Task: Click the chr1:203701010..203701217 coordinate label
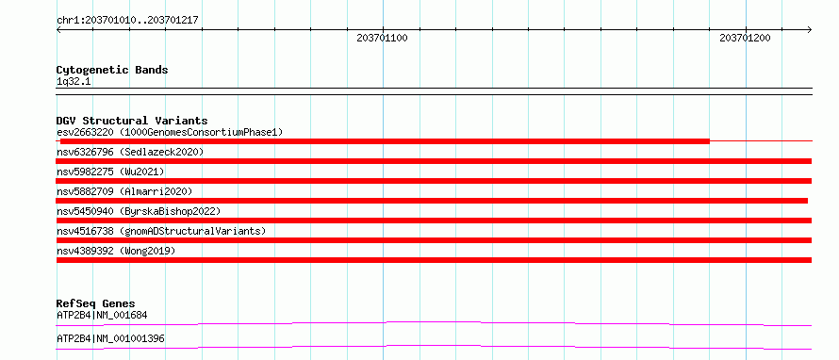click(127, 20)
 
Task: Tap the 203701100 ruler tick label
click(382, 38)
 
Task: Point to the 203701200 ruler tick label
click(745, 38)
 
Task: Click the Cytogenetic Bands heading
click(112, 70)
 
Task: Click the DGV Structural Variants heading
click(132, 121)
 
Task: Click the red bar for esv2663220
click(385, 141)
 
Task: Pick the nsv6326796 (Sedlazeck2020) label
click(130, 152)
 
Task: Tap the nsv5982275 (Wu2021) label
click(110, 172)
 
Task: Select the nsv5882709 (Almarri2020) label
click(124, 191)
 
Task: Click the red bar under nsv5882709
click(432, 201)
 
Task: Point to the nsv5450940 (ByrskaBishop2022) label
click(138, 211)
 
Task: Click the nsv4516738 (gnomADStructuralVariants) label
click(161, 231)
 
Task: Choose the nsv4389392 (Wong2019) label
click(116, 251)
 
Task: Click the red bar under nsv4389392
click(434, 260)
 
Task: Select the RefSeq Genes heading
click(96, 303)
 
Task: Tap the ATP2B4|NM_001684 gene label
click(102, 315)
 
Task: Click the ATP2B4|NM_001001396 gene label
click(110, 338)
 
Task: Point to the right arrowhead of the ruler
click(811, 30)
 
